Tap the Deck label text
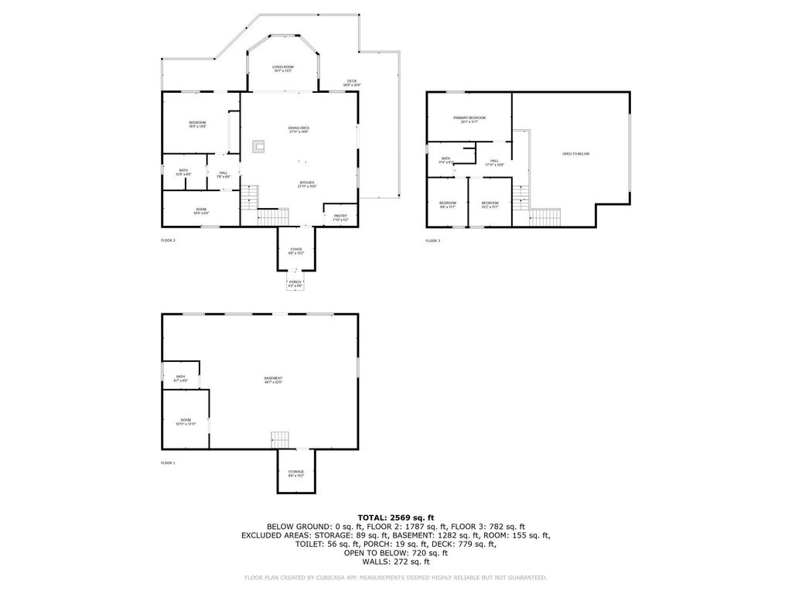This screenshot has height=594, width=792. coord(352,83)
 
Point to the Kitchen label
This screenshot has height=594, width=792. coord(307,184)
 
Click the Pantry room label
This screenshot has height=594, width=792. coord(340,217)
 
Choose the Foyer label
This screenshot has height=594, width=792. coord(296,251)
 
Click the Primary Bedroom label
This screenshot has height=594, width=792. coord(469,118)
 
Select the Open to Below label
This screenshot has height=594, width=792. coord(575,154)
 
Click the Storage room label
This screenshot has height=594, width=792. coord(296,473)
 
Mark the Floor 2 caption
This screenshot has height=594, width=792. coord(168,241)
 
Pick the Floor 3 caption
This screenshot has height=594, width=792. coord(432,241)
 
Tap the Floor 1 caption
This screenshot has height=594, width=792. coord(168,463)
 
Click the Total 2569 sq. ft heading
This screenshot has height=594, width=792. coord(396,517)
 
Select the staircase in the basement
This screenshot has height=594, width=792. coord(280,439)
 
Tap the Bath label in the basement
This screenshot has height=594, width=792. coord(180,377)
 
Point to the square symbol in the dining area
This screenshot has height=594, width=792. coord(259,145)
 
